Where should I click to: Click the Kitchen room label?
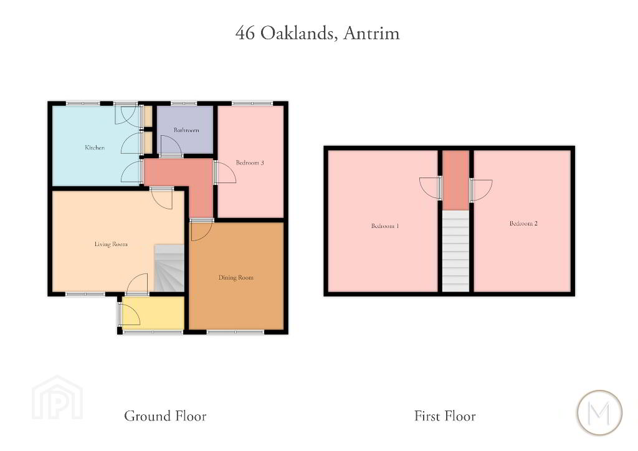(x=95, y=148)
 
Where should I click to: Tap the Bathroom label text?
(x=186, y=130)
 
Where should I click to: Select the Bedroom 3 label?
(x=250, y=163)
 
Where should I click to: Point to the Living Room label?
(x=111, y=244)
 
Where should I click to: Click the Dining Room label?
(x=236, y=278)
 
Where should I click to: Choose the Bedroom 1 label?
(x=385, y=225)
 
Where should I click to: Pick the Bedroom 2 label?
(x=523, y=223)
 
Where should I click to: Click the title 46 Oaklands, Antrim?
(x=317, y=33)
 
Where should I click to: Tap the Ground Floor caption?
(x=165, y=415)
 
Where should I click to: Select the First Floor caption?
(x=445, y=415)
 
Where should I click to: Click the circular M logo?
(x=599, y=412)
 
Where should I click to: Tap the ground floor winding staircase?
(x=169, y=268)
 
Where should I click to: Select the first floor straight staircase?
(x=455, y=251)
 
